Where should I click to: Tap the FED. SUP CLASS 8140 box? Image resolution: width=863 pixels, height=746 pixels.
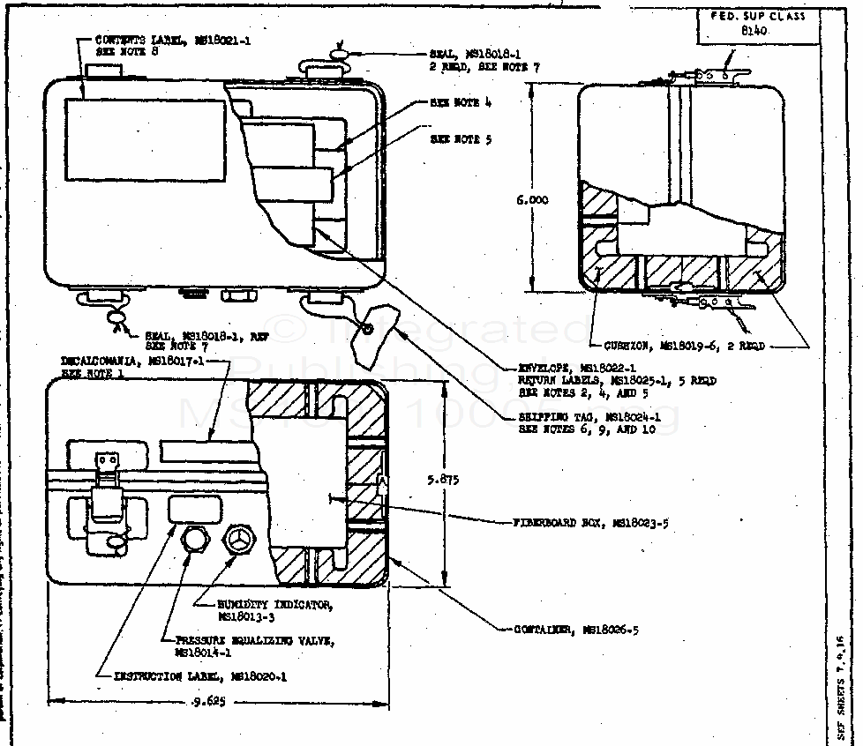(757, 26)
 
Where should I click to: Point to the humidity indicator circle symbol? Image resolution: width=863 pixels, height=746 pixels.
(238, 540)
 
